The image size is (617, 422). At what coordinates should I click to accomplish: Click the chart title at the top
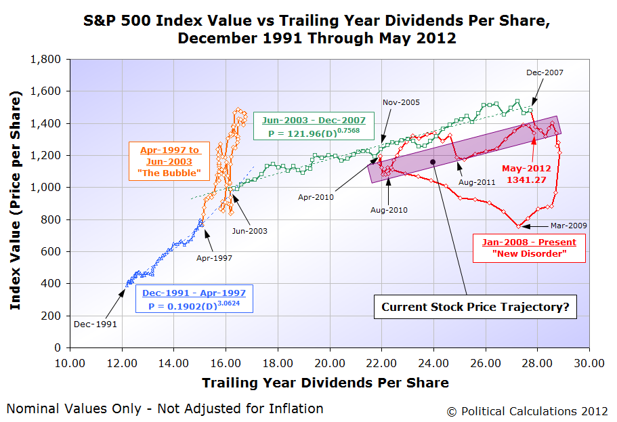coord(317,29)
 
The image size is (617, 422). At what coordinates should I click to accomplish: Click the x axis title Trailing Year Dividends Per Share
coord(325,383)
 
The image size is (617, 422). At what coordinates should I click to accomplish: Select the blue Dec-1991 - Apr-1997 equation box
coord(194,299)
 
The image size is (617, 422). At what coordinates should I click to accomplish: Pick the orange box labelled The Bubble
coord(166,161)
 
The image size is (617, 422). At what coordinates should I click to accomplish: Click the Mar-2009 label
coord(568,226)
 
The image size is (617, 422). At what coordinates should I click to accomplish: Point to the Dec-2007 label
coord(545,72)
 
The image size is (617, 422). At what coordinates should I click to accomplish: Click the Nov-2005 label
coord(401,102)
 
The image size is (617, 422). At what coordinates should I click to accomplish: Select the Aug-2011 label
coord(477,182)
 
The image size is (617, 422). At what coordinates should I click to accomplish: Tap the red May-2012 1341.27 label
coord(526,173)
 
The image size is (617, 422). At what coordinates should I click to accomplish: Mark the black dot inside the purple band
coord(433,161)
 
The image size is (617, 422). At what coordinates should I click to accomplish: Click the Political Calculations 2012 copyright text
coord(527,410)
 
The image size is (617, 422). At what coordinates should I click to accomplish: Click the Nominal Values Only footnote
coord(165,408)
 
